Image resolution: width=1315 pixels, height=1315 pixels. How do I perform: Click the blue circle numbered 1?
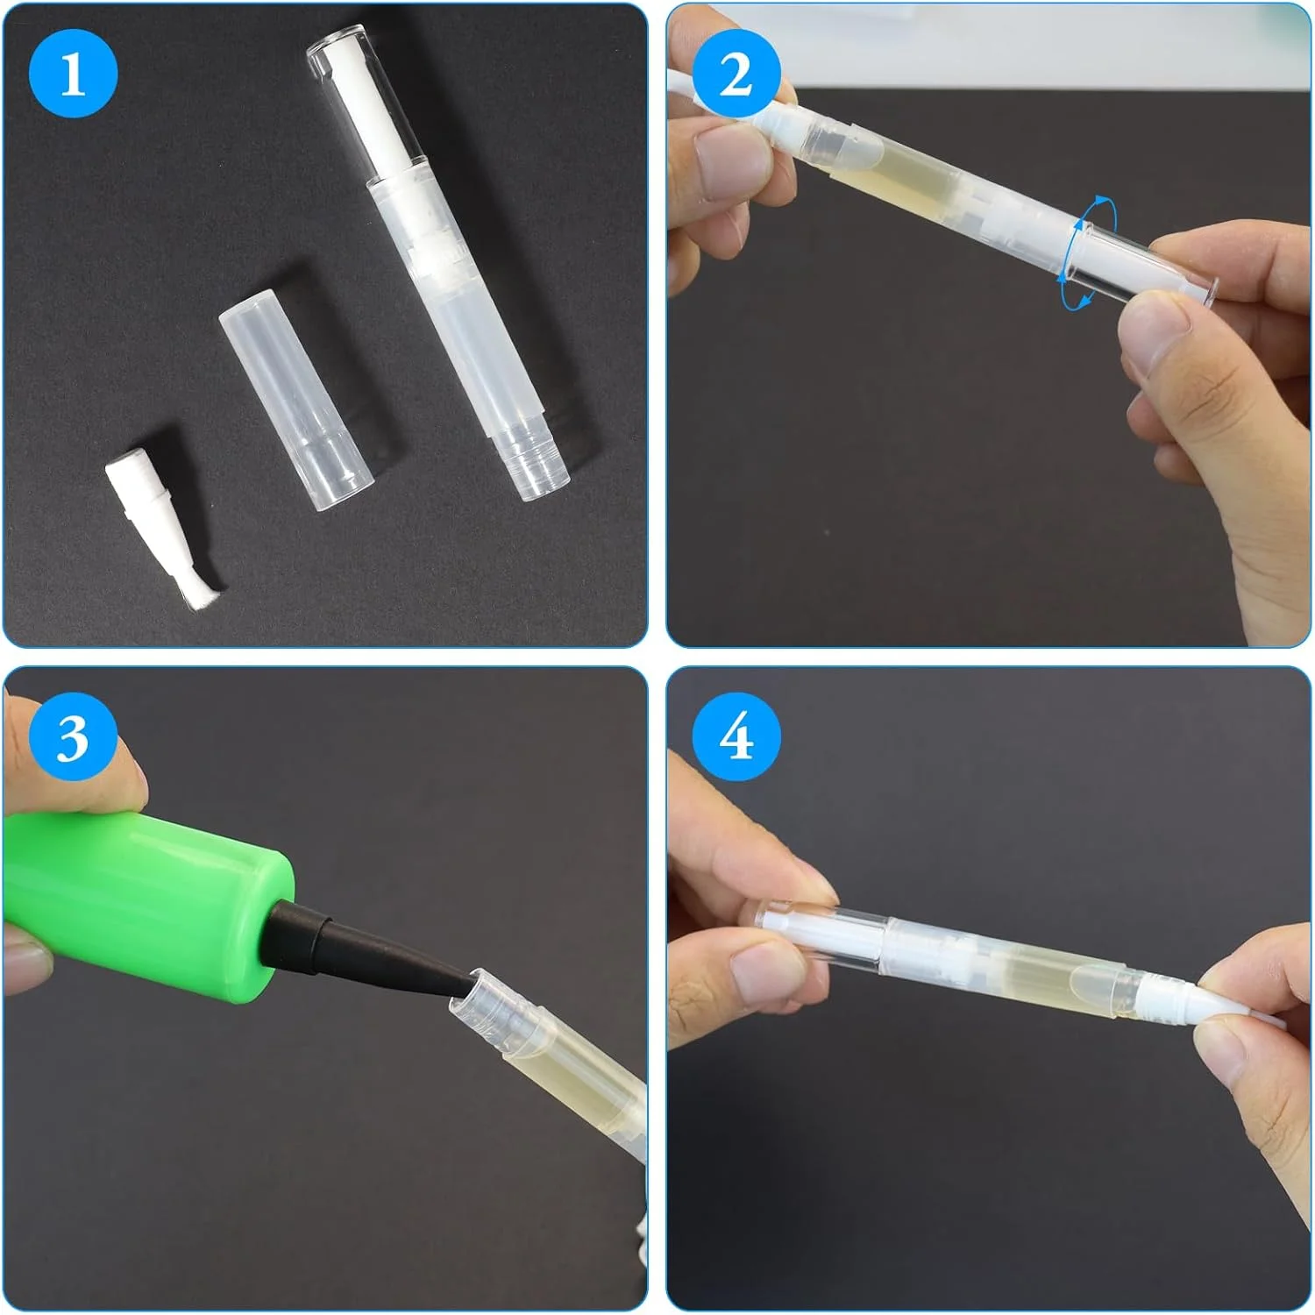[73, 73]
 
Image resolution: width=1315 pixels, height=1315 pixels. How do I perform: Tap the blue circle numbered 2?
[736, 73]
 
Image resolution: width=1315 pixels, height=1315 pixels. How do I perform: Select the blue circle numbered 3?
[73, 736]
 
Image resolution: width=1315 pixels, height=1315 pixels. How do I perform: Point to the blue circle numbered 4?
[736, 736]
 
